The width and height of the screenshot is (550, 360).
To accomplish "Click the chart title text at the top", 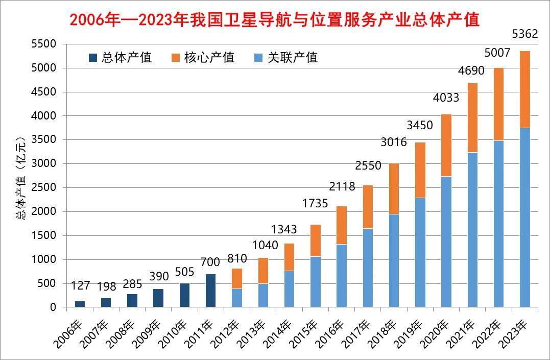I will pos(275,20).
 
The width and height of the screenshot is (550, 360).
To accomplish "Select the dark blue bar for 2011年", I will pos(210,291).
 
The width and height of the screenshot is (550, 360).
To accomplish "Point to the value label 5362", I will pos(524,35).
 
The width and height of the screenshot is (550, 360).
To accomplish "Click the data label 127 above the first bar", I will pos(80,285).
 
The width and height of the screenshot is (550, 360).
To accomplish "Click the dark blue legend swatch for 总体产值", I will pos(93,58).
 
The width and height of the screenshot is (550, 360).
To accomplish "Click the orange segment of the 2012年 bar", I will pos(236,278).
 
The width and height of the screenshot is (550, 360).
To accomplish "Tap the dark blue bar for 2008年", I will pos(132,301).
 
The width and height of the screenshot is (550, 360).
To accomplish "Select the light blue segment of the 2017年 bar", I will pos(368,268).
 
